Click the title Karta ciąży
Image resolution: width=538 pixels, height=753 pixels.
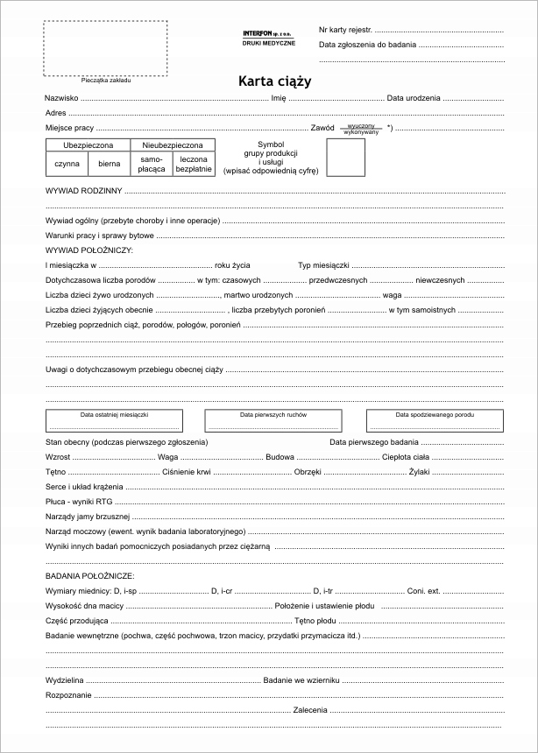tap(274, 81)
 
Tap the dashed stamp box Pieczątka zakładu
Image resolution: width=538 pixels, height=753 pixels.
tap(105, 48)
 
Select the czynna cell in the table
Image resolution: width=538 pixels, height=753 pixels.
tap(67, 163)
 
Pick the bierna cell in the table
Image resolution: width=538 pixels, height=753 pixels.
tap(110, 163)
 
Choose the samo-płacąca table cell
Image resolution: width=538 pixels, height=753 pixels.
tap(152, 164)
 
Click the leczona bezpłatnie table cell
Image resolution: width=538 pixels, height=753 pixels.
tap(194, 164)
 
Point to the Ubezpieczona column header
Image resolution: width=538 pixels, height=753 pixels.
tap(88, 144)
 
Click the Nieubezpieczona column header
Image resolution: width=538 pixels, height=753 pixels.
tap(173, 144)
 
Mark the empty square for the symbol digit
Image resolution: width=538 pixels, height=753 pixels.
tap(346, 158)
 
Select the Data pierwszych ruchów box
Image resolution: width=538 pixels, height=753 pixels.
tap(273, 420)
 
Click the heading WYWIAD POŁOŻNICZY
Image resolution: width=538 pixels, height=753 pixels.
tap(88, 250)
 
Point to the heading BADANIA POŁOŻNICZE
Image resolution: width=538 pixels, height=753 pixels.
tap(89, 576)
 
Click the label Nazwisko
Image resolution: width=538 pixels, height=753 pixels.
tap(62, 98)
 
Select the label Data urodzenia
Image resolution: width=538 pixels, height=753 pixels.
tap(414, 98)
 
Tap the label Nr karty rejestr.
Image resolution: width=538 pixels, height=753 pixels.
tap(345, 30)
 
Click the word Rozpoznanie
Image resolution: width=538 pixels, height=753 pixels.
tap(68, 693)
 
